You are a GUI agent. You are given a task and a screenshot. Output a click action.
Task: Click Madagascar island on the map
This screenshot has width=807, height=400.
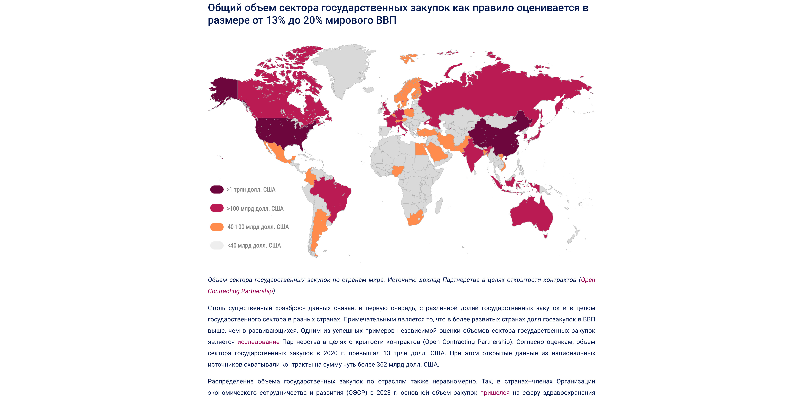[439, 205]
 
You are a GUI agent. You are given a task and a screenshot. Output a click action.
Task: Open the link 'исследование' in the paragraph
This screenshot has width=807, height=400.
[258, 342]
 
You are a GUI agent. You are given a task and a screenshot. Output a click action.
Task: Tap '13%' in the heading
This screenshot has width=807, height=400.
[276, 20]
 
